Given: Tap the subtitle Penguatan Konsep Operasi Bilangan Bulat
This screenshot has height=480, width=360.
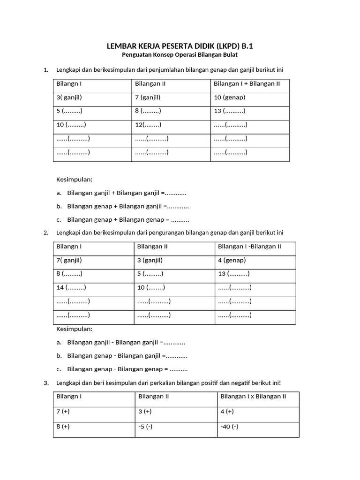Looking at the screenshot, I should click(180, 55).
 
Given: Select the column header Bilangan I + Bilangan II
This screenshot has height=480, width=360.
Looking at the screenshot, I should click(247, 84).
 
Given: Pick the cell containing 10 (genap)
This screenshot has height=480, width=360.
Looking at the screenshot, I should click(229, 97).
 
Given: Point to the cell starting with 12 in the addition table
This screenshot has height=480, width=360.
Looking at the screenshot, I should click(148, 125).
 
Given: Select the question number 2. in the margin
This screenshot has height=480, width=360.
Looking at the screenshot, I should click(46, 232).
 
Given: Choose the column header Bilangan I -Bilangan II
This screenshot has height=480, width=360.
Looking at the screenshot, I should click(249, 247).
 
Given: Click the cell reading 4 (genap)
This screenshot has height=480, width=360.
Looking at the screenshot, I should click(232, 260).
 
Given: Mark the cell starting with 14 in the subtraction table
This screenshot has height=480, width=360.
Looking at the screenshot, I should click(71, 287).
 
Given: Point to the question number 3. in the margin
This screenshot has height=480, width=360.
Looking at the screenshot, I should click(46, 382).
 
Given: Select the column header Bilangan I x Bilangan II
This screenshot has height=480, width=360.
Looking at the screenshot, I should click(253, 397).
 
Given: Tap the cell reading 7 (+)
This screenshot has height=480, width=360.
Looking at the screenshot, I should click(63, 412).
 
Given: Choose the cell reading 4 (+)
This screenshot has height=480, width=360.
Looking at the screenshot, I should click(227, 412).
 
